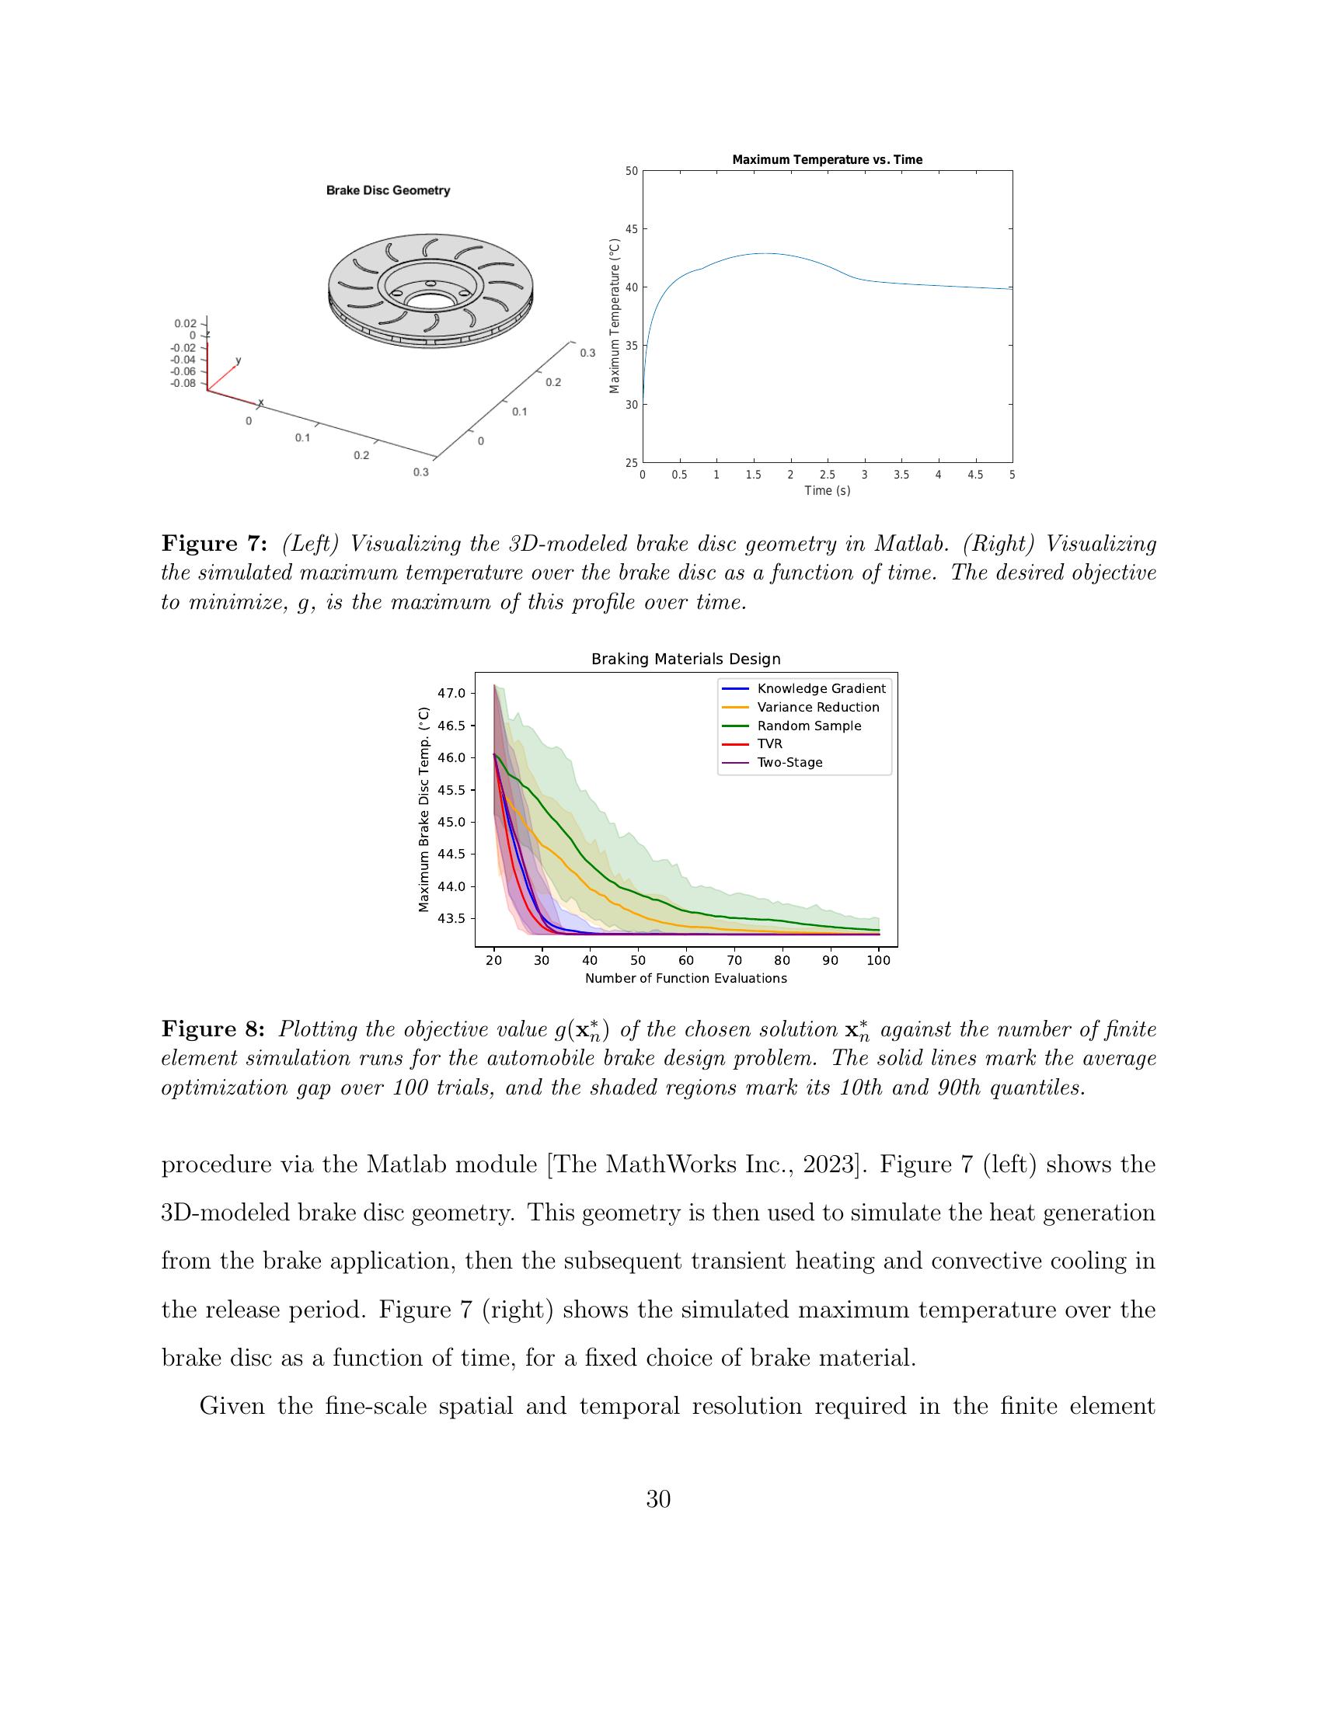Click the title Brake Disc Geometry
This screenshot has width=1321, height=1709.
[x=388, y=190]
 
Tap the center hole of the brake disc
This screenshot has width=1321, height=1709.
[x=427, y=300]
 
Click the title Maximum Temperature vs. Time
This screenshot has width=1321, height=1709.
[x=827, y=159]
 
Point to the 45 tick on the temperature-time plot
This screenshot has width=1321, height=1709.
[x=631, y=229]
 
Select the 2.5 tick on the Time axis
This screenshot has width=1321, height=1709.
[x=827, y=474]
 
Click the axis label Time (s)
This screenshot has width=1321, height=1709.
[x=827, y=491]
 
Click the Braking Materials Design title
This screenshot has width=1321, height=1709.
[x=685, y=659]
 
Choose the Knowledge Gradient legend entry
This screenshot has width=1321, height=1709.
[x=821, y=688]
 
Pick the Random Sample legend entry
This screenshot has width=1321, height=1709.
[x=808, y=726]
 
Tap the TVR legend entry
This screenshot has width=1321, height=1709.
[x=769, y=744]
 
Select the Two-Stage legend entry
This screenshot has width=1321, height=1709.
[x=789, y=762]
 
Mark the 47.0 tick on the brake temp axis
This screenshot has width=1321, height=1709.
[x=451, y=693]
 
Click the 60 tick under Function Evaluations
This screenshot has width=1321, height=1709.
[x=685, y=961]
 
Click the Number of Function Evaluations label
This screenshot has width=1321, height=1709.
[x=685, y=978]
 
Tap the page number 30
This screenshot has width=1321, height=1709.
[x=659, y=1499]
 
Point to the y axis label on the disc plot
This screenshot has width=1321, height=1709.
[x=239, y=360]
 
